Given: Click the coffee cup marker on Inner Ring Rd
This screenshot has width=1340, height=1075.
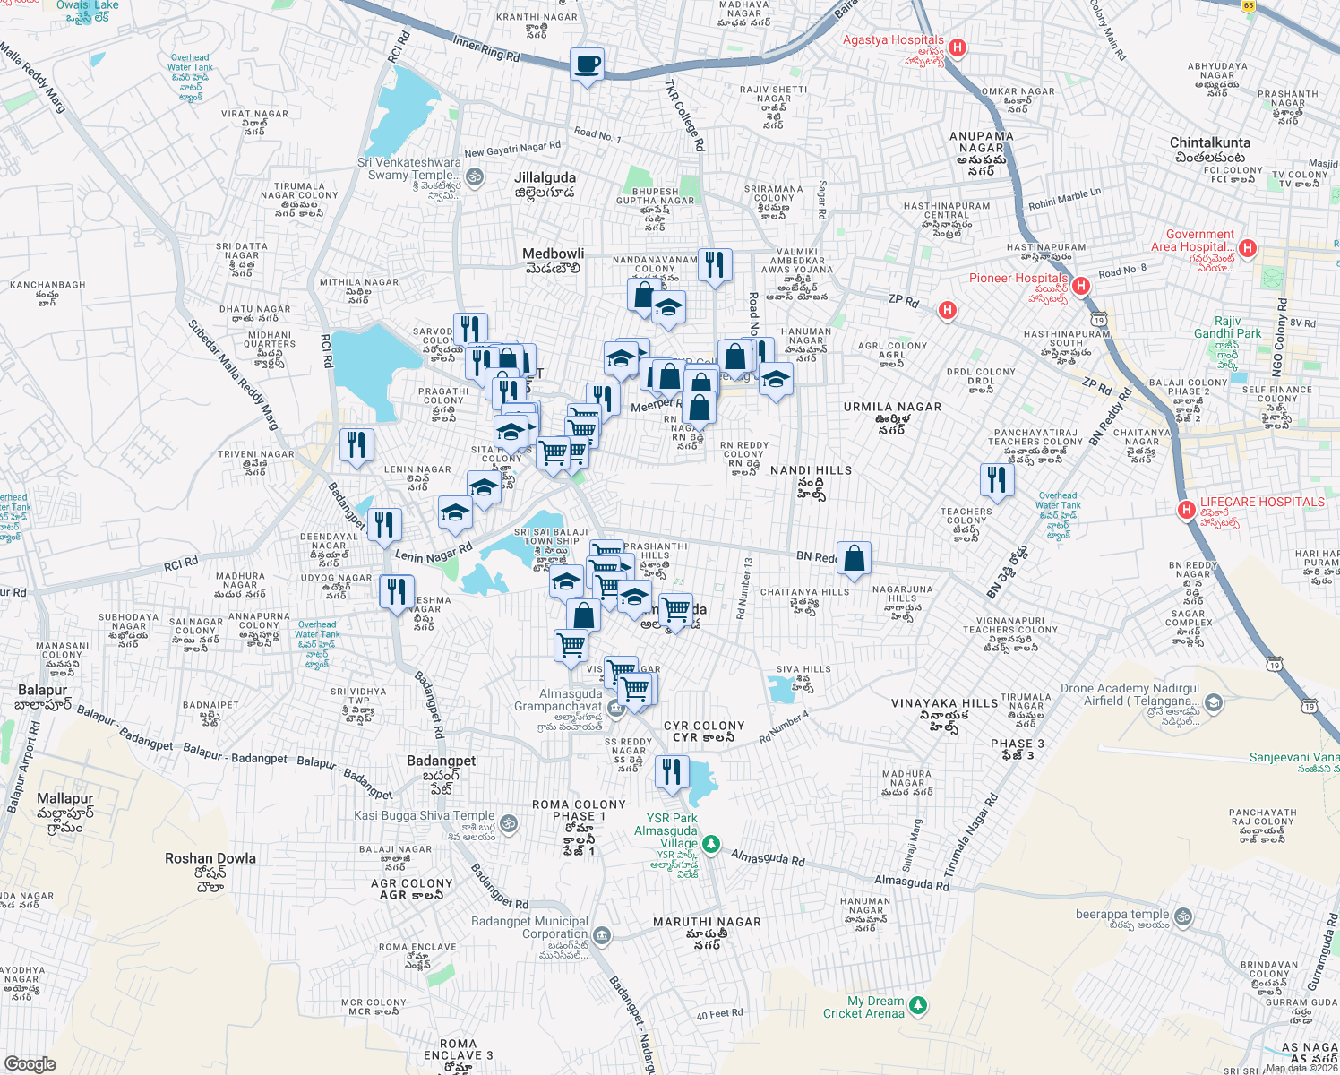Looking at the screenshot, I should (x=587, y=64).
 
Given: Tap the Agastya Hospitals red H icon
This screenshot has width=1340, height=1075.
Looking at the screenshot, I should (x=958, y=47).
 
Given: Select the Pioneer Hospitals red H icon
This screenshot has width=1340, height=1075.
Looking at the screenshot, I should (x=1080, y=286).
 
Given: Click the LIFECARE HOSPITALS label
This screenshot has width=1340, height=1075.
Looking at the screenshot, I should (x=1261, y=503).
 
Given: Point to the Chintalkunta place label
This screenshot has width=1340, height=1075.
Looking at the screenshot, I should (x=1209, y=143).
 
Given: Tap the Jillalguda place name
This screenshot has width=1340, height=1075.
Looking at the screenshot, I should (x=545, y=178).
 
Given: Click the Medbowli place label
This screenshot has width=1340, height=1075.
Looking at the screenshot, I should (x=553, y=254).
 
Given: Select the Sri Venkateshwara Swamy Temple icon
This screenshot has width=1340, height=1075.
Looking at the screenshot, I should (x=475, y=176).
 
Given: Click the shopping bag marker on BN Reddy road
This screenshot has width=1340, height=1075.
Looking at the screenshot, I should (x=855, y=558).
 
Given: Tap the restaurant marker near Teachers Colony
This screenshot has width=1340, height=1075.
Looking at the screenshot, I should (x=996, y=479).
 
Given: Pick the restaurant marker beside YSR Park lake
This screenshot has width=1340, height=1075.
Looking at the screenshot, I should (x=672, y=771).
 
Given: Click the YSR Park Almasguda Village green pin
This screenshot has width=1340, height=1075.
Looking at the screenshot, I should (x=710, y=844).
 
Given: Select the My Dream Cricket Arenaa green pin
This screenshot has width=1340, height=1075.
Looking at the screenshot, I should (x=918, y=1005).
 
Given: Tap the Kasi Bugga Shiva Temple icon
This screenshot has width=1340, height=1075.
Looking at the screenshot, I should (x=508, y=823).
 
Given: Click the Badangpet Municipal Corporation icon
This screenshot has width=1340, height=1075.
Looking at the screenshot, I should (x=602, y=935).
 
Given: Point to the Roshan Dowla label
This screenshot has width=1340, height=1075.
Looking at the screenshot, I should (x=210, y=858).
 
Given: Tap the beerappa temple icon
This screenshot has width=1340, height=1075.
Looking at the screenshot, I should (x=1182, y=916).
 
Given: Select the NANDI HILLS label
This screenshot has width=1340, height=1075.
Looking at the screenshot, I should (x=811, y=470).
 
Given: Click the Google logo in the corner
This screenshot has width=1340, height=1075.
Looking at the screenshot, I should (x=30, y=1063).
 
